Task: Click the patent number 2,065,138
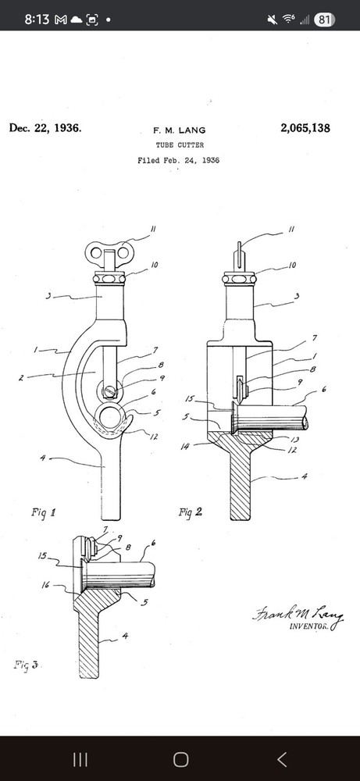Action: (x=305, y=128)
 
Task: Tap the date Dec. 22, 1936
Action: (x=45, y=128)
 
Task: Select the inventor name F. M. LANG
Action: (x=180, y=130)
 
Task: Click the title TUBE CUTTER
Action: (x=180, y=145)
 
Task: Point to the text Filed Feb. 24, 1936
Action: (x=178, y=160)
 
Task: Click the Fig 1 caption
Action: (x=43, y=512)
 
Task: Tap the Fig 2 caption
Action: (x=191, y=512)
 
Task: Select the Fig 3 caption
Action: (x=26, y=665)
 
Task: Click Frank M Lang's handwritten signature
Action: (x=298, y=616)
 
